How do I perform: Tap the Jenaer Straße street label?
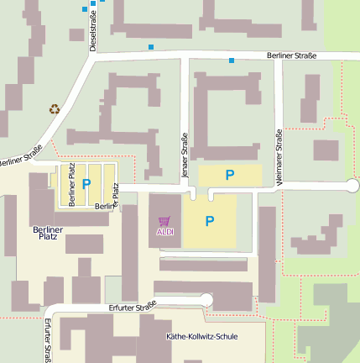[x=184, y=154]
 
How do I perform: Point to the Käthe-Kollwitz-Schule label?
[x=202, y=337]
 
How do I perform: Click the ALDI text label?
[x=165, y=232]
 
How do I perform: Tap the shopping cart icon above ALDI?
[x=165, y=221]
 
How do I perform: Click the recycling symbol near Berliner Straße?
[x=55, y=108]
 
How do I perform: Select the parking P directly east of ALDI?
[x=210, y=222]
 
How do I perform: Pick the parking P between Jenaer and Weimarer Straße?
[x=229, y=175]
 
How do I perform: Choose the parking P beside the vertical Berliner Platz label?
[x=86, y=183]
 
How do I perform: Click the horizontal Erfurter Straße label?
[x=132, y=308]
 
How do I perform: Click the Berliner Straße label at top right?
[x=291, y=55]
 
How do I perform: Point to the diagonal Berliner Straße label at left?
[x=20, y=155]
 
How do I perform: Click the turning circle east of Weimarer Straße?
[x=352, y=186]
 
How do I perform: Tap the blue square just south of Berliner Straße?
[x=232, y=60]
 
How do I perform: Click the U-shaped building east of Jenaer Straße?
[x=227, y=109]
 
